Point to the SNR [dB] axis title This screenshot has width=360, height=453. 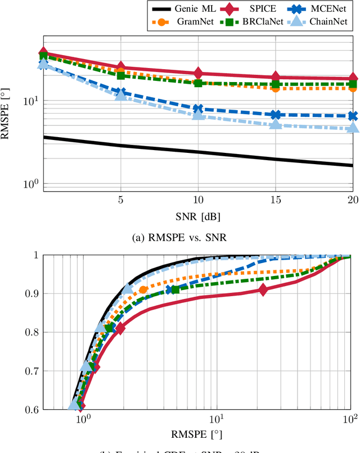pyautogui.click(x=198, y=218)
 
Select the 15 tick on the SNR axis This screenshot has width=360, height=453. pyautogui.click(x=275, y=200)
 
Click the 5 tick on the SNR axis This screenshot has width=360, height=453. pyautogui.click(x=120, y=200)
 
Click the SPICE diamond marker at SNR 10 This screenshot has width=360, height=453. pyautogui.click(x=198, y=73)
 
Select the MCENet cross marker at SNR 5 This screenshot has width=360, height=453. pyautogui.click(x=120, y=92)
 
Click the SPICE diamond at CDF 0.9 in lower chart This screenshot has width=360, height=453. pyautogui.click(x=263, y=289)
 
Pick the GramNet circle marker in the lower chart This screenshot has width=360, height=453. pyautogui.click(x=143, y=290)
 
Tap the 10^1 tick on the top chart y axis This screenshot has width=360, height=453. pyautogui.click(x=31, y=101)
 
